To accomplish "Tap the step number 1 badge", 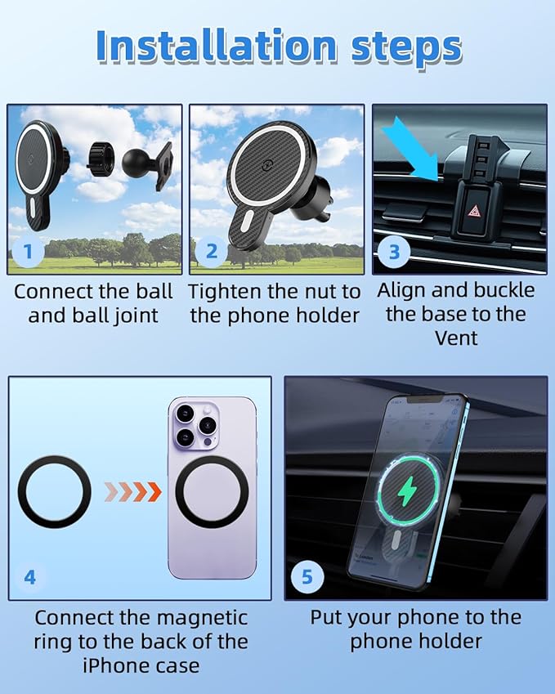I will coord(29,251).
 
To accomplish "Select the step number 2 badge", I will coord(212,251).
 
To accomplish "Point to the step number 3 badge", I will coord(394,251).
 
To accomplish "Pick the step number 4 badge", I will coord(29,577).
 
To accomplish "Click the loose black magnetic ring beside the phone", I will coord(54,492).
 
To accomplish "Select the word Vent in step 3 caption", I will coord(456,337).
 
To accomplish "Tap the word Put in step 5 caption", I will coord(327,617).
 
